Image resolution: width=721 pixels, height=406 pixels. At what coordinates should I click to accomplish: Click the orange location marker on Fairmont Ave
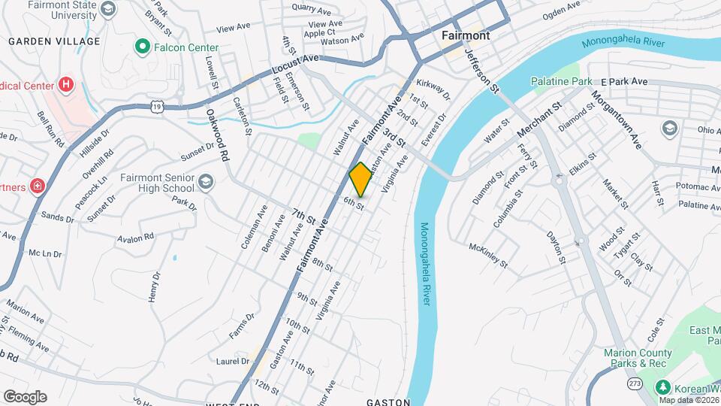(x=360, y=180)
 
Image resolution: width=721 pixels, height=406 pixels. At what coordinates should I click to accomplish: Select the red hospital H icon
(x=66, y=85)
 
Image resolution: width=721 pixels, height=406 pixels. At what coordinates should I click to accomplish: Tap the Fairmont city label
(x=466, y=35)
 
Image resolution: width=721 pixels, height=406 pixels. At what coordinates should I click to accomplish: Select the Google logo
(x=25, y=396)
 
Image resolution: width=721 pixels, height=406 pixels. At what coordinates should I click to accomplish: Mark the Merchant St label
(x=539, y=120)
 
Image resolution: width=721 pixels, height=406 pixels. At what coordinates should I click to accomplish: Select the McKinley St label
(x=489, y=256)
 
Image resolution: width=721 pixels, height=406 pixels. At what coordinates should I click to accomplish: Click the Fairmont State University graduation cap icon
(x=107, y=9)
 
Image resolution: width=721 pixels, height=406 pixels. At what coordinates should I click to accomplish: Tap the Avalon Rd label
(x=135, y=238)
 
